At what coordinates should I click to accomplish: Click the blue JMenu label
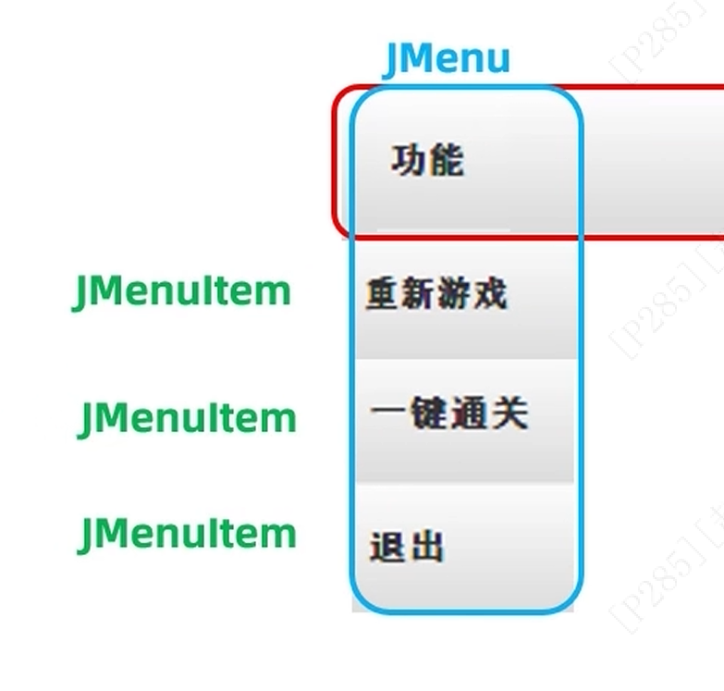click(447, 59)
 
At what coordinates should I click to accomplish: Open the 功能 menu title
click(427, 161)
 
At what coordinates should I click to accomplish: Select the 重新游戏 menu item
click(436, 295)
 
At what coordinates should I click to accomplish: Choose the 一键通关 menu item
click(448, 413)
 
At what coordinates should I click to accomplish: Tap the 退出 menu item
click(407, 547)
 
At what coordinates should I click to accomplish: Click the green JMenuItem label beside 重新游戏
click(182, 292)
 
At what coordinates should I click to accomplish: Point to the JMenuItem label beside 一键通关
click(188, 419)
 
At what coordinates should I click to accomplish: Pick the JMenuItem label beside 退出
click(188, 534)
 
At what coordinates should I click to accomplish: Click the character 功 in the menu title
click(408, 161)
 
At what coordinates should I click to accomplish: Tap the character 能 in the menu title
click(446, 161)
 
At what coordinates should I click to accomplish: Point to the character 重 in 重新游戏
click(383, 295)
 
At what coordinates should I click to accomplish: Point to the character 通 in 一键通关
click(469, 413)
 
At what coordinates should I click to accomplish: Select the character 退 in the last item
click(387, 547)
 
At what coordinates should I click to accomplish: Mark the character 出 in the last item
click(426, 547)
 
